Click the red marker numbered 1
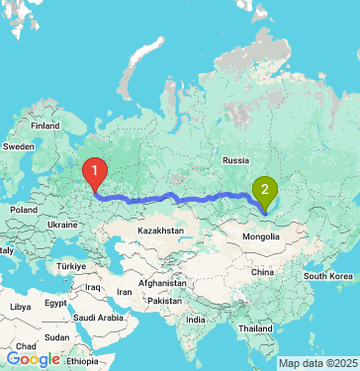tap(95, 173)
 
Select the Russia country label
tap(235, 159)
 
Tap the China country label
tap(262, 270)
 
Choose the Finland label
tap(45, 127)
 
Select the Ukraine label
tap(62, 226)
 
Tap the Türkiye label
tap(71, 267)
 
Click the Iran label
tap(125, 293)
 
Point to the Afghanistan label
tap(163, 282)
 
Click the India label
tap(198, 320)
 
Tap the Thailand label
tap(255, 327)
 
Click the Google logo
tap(33, 359)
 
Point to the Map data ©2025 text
tap(317, 363)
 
